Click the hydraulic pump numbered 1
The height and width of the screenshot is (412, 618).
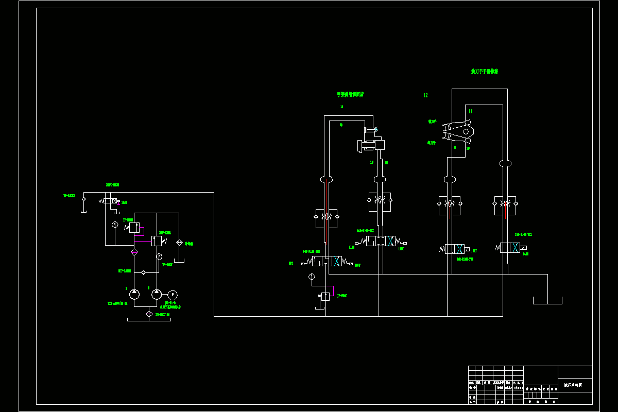[x=134, y=294]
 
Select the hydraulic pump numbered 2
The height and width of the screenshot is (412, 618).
[x=157, y=294]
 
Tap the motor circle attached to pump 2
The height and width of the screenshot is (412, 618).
[x=172, y=294]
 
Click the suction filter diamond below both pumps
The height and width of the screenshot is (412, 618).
[x=149, y=314]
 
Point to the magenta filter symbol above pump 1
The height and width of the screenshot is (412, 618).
[x=134, y=252]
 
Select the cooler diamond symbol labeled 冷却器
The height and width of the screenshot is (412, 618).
[x=179, y=242]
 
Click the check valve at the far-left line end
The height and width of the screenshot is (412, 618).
[x=83, y=198]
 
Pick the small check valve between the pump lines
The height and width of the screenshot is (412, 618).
[x=144, y=272]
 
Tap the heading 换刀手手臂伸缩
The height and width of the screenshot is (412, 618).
[x=485, y=72]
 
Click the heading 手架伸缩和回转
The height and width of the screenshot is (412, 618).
[x=350, y=95]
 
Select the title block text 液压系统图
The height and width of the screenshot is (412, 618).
[x=573, y=385]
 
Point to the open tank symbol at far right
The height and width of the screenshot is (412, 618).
[x=547, y=300]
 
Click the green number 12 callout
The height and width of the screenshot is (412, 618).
[x=425, y=95]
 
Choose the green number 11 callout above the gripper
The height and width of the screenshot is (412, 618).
[x=470, y=111]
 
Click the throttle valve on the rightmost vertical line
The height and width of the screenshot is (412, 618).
[x=505, y=204]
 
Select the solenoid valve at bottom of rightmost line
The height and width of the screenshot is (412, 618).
[x=510, y=248]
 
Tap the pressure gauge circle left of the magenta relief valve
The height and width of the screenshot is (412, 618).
[x=312, y=277]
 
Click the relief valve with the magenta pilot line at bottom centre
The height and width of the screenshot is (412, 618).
[x=325, y=296]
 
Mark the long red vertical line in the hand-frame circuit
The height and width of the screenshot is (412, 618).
[x=327, y=211]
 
